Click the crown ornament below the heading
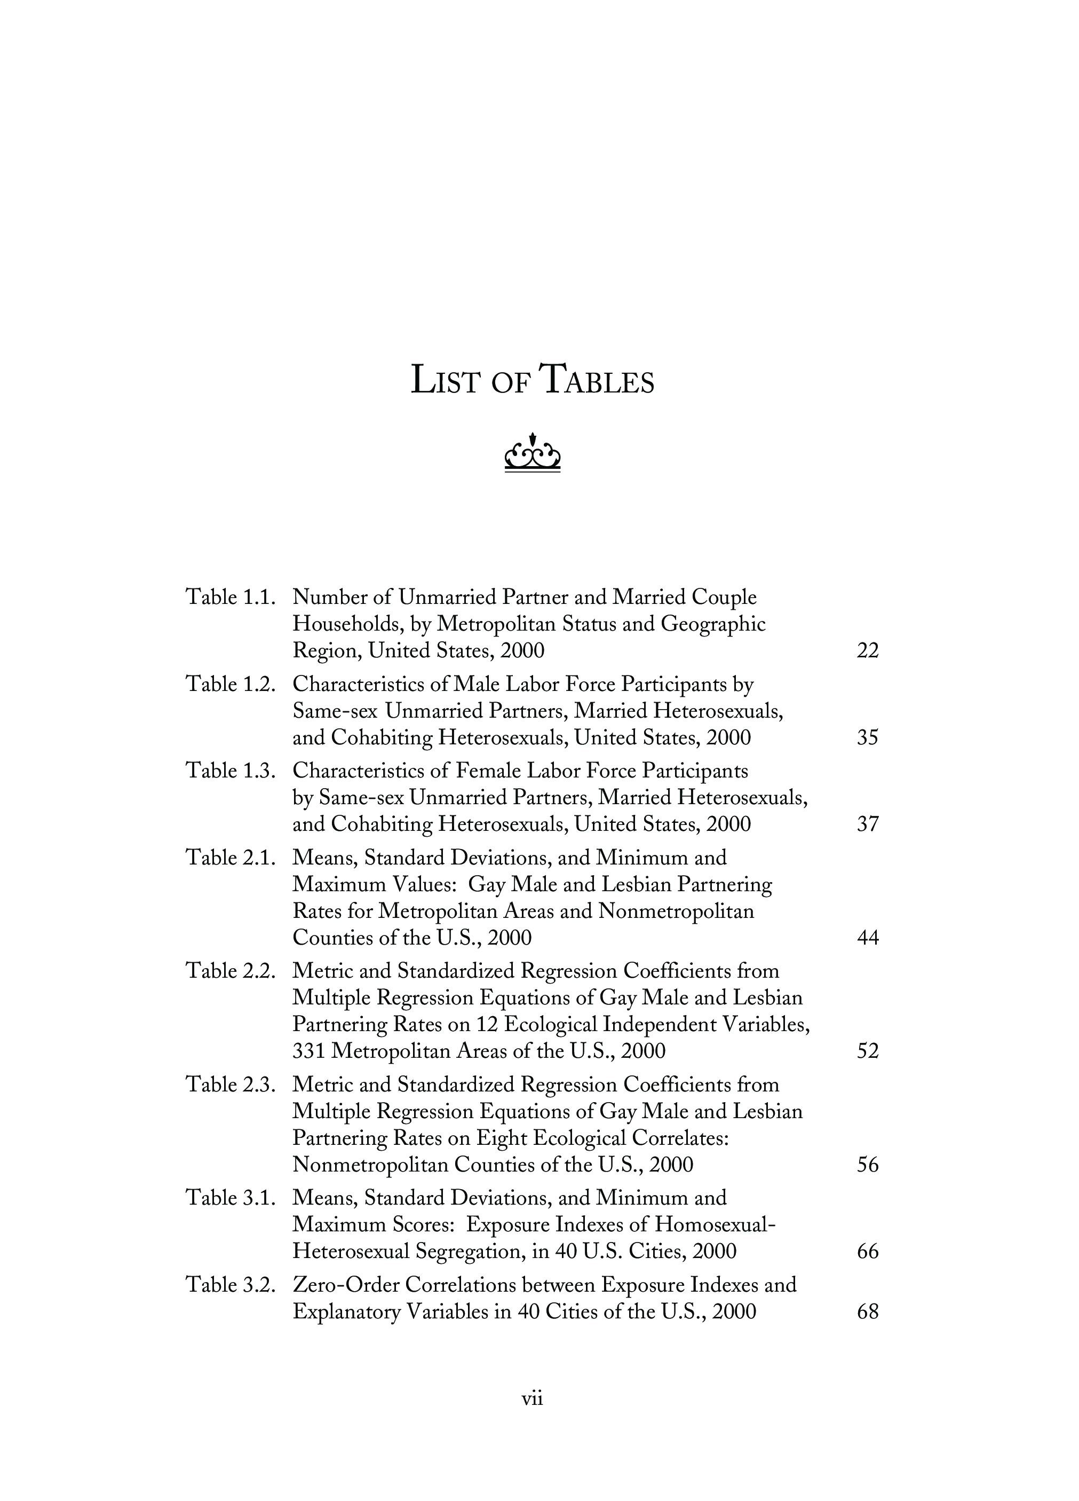coord(533,453)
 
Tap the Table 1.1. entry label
coord(230,598)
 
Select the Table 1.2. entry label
coord(230,685)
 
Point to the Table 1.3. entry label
coord(230,771)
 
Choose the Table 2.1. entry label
coord(230,858)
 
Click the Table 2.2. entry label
coord(230,971)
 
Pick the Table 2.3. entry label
coord(230,1085)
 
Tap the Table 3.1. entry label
coord(230,1198)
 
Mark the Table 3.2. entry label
coord(230,1285)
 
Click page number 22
coord(867,651)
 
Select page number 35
coord(867,738)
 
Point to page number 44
coord(867,938)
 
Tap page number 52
coord(867,1051)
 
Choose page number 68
coord(867,1312)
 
